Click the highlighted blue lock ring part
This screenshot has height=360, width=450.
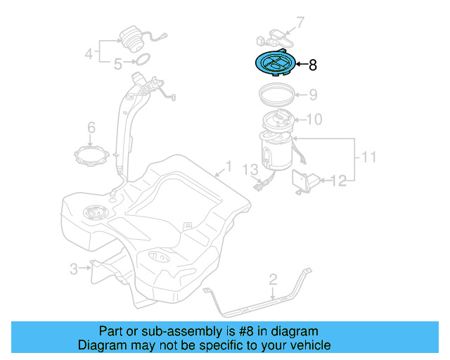click(274, 64)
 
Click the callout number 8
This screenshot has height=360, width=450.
click(313, 65)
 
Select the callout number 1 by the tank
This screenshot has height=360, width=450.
click(227, 168)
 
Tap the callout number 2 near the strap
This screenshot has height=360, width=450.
click(273, 281)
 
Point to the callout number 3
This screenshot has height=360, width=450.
click(73, 269)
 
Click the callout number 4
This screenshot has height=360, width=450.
click(89, 53)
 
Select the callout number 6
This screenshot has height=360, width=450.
click(91, 127)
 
